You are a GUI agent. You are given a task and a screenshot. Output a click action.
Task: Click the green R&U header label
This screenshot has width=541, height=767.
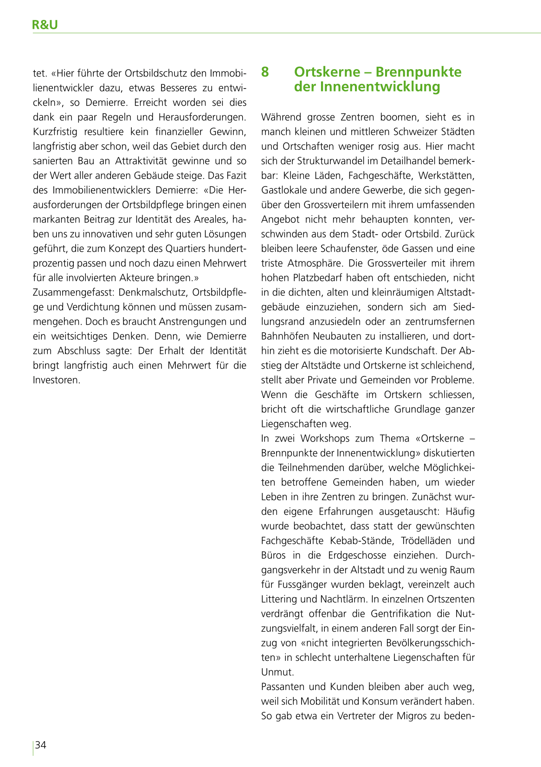pyautogui.click(x=45, y=25)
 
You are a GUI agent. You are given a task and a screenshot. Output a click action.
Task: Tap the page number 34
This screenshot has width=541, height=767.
pyautogui.click(x=41, y=745)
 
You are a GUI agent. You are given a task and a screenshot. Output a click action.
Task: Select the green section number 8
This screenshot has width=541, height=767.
pyautogui.click(x=265, y=72)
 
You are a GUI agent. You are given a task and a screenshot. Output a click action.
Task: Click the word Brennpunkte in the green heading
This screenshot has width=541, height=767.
pyautogui.click(x=419, y=72)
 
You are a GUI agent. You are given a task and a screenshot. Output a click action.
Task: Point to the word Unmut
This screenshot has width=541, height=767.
pyautogui.click(x=277, y=672)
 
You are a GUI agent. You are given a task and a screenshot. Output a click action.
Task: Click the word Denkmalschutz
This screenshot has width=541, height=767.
pyautogui.click(x=152, y=292)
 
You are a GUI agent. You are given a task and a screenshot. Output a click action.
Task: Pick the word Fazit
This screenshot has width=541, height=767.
pyautogui.click(x=236, y=175)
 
